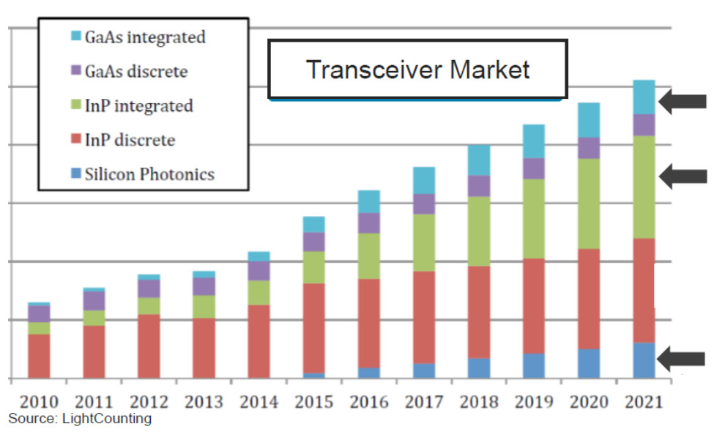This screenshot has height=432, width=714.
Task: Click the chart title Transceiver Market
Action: point(417,70)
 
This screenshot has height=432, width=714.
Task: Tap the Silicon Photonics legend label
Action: point(149,174)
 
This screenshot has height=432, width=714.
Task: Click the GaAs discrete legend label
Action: point(136,71)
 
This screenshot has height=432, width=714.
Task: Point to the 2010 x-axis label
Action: point(39,402)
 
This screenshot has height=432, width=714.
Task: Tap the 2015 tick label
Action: point(313,402)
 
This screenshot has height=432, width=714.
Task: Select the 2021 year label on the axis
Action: point(643,402)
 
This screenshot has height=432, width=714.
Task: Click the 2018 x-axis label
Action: point(478,402)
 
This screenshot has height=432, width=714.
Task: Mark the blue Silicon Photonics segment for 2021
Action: point(644,360)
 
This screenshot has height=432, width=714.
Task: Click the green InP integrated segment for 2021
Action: point(644,187)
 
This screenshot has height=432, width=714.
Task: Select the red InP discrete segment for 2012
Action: point(149,346)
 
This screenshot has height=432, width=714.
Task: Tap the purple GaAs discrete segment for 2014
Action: point(259,271)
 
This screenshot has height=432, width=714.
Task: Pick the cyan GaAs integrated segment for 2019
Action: point(533,141)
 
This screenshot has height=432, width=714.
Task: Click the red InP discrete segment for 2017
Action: point(423,317)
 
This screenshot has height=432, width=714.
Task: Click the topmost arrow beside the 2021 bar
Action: point(683,102)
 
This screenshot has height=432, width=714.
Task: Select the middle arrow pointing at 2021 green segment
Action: point(683,176)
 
